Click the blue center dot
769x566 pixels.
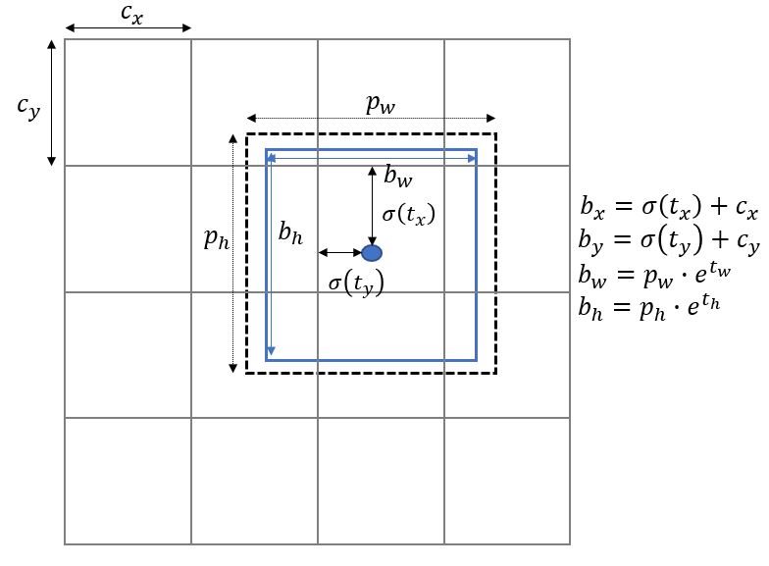click(x=372, y=253)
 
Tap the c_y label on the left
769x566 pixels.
click(x=28, y=107)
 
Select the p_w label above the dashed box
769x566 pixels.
click(x=381, y=103)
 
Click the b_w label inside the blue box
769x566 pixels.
click(x=397, y=178)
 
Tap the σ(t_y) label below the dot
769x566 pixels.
click(x=355, y=283)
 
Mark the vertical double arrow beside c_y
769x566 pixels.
click(x=52, y=102)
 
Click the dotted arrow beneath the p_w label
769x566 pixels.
click(x=371, y=118)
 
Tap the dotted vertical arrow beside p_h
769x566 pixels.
click(x=232, y=253)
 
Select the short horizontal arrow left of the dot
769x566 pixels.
click(x=339, y=253)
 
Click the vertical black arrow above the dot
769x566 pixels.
click(x=371, y=205)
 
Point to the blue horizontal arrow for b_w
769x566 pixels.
click(x=371, y=157)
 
